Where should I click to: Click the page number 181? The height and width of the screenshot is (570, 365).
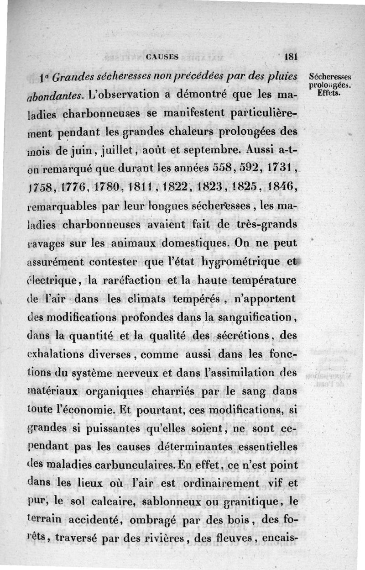tap(290, 57)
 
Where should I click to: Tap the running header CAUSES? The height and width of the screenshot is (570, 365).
tap(162, 57)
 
